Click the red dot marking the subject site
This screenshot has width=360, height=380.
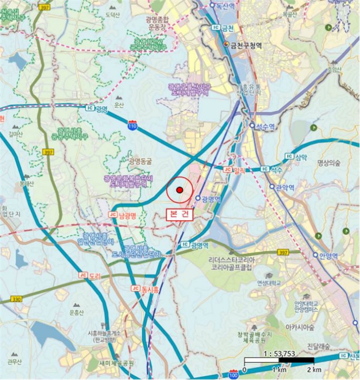179,189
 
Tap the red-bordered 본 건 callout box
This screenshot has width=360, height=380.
180,214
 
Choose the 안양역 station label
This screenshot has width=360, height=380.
329,256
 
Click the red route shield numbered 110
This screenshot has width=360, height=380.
132,125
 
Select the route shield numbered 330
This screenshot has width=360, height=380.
16,299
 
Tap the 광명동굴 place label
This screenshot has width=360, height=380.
142,161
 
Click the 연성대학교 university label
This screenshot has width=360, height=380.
269,283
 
